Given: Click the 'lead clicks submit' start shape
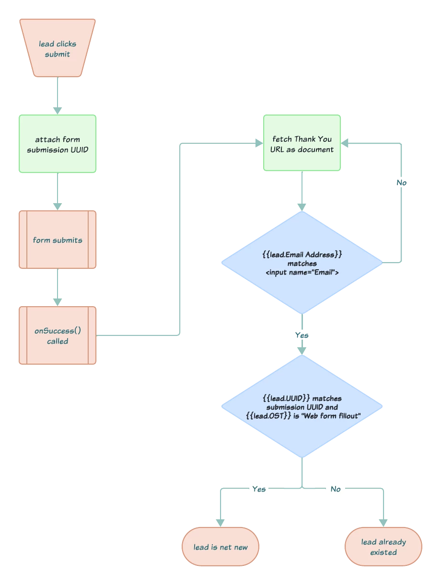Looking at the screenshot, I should [58, 48].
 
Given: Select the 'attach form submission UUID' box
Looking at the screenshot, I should [58, 144].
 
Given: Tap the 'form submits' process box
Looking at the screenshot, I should [58, 240].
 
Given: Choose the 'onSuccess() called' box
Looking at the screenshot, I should [58, 336].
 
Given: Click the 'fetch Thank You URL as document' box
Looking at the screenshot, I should [302, 143].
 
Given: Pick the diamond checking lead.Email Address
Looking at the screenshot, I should [302, 263].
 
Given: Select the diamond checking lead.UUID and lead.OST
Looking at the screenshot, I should [302, 406].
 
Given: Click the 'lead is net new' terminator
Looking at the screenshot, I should [220, 547].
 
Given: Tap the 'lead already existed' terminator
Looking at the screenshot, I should [383, 547].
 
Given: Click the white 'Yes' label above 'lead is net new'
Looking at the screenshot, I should [259, 489].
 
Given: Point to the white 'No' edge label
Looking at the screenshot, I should [336, 489].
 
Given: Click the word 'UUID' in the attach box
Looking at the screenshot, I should [78, 149].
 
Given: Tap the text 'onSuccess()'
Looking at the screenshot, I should [58, 331].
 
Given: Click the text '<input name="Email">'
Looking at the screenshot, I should [302, 273].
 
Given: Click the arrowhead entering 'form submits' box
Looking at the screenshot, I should [58, 206].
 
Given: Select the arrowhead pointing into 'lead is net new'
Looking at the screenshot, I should [220, 522].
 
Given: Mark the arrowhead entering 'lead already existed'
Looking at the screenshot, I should [383, 522].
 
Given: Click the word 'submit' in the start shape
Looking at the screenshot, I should [58, 54].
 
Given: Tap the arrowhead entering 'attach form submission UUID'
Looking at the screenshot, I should [58, 110].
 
